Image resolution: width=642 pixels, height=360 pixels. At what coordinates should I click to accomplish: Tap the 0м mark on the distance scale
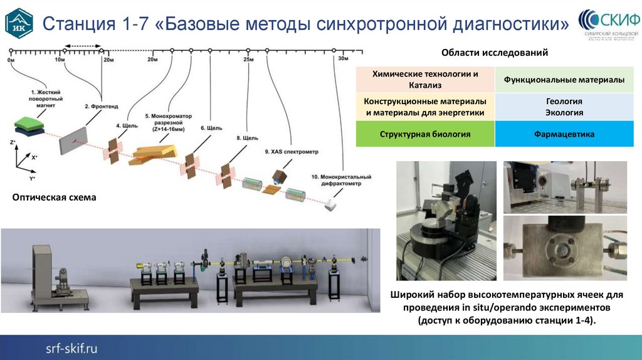11,59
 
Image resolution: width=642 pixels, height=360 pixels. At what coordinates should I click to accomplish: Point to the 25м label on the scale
248,60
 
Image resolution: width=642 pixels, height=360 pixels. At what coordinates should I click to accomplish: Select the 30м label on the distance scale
343,58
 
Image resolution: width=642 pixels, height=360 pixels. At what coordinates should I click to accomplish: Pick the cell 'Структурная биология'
424,134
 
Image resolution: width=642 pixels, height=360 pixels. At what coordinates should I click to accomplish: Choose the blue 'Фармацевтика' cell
564,134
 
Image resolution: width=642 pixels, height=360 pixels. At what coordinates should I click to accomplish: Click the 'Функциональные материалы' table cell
564,80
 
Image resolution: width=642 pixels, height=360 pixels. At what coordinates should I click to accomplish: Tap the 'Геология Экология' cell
564,107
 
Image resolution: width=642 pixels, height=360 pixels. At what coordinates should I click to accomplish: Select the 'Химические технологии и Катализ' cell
424,80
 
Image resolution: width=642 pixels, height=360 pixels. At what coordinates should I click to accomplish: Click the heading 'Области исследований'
495,53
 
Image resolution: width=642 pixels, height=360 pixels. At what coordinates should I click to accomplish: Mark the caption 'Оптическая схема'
55,198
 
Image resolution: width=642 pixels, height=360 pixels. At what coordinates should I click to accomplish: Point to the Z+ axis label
13,144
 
